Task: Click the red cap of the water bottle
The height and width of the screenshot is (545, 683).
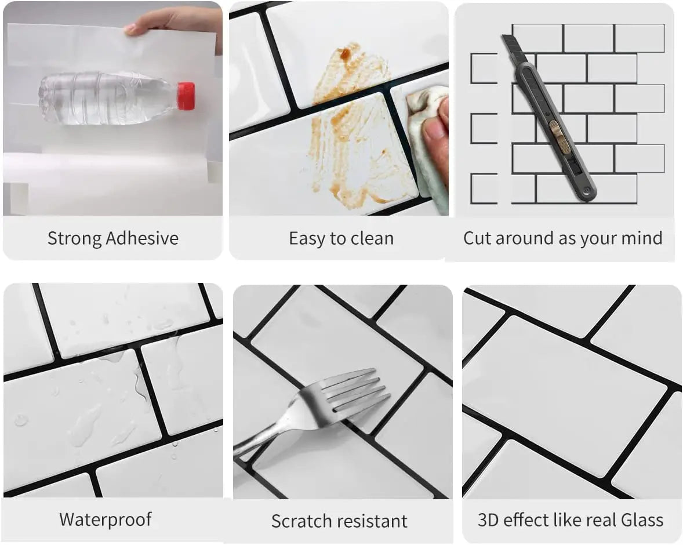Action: (x=186, y=96)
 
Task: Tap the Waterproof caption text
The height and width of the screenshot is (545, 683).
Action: (x=106, y=519)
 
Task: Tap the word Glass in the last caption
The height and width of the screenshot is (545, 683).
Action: (x=642, y=519)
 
